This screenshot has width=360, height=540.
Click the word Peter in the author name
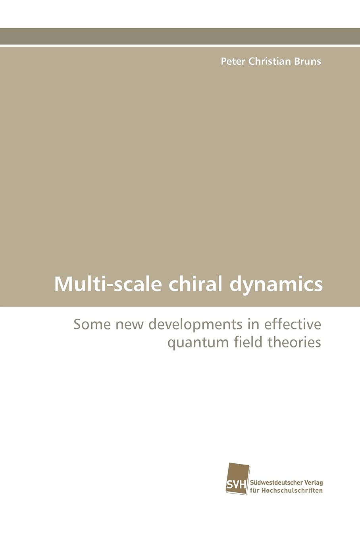click(x=233, y=61)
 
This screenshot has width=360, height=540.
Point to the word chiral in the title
click(x=195, y=284)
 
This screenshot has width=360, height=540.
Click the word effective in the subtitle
click(x=293, y=324)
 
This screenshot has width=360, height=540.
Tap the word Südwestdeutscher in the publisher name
click(x=276, y=483)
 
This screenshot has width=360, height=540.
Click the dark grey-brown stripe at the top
click(x=180, y=36)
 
